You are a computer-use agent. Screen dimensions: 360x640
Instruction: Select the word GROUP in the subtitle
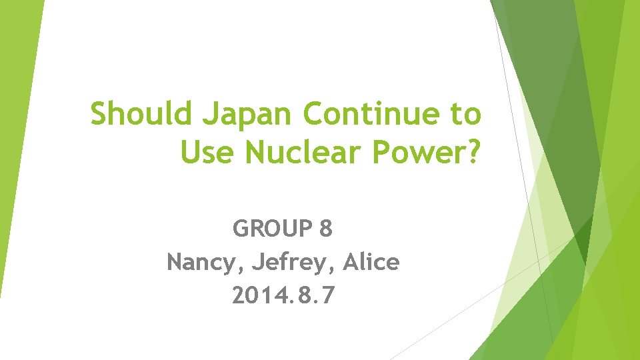(x=272, y=229)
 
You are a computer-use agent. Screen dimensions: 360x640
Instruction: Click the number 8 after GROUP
(x=326, y=229)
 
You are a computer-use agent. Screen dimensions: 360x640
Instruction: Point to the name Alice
(x=371, y=263)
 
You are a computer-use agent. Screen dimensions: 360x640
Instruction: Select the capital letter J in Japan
(x=208, y=114)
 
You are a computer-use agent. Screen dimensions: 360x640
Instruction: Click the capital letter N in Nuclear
(x=256, y=153)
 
